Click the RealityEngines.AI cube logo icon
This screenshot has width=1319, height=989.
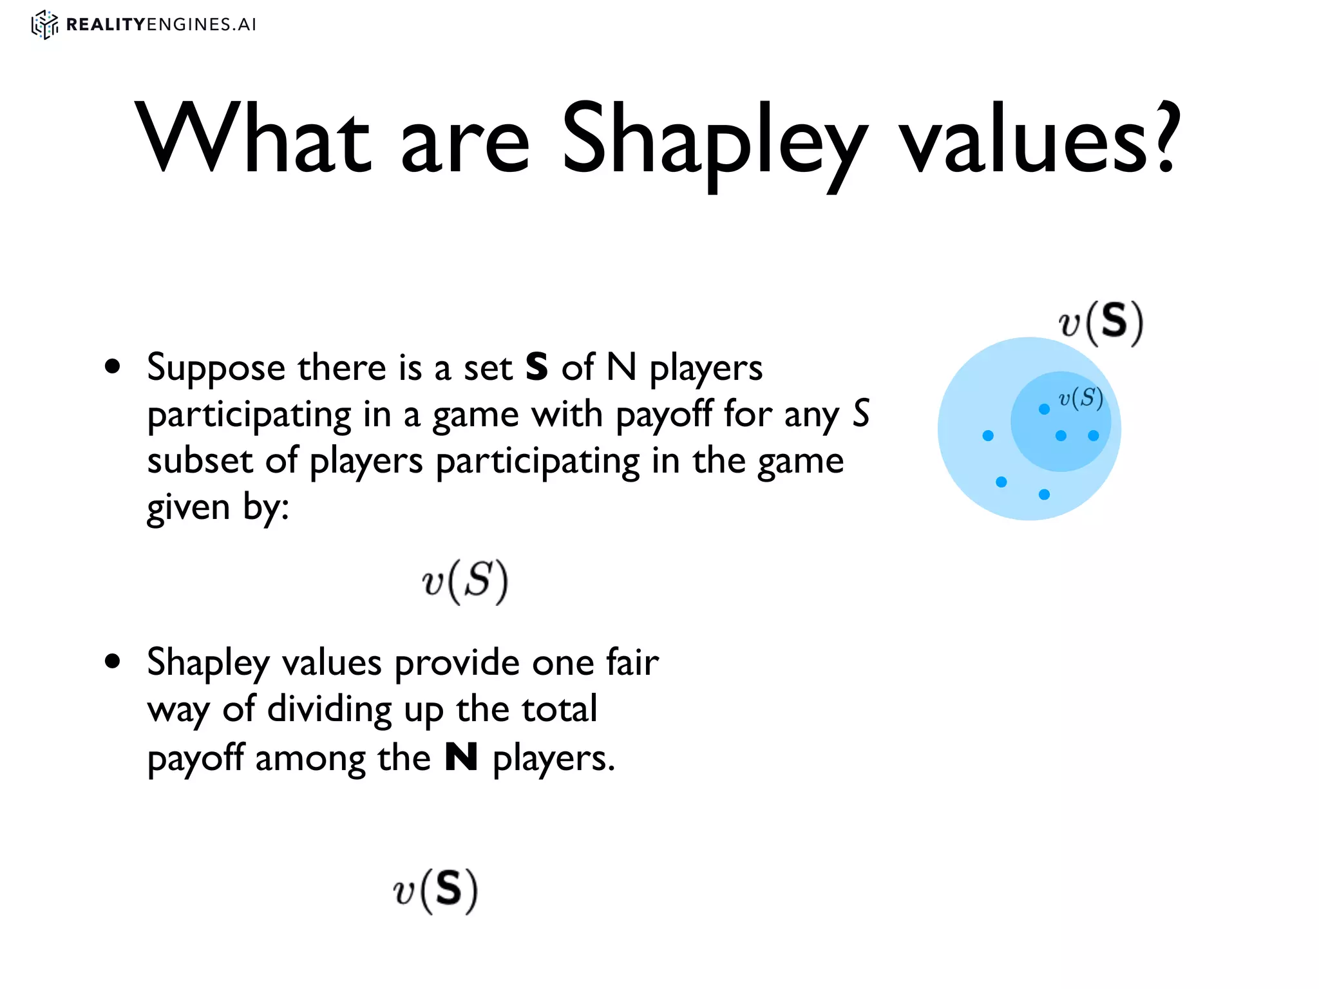(x=44, y=24)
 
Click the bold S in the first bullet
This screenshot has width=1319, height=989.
(x=536, y=367)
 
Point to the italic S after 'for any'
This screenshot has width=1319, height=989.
(x=861, y=413)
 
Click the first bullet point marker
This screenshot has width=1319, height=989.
(x=113, y=367)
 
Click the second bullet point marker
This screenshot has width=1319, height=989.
(x=113, y=662)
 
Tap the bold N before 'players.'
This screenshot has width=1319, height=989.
(x=461, y=757)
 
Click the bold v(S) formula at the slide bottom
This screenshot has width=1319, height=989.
(x=436, y=890)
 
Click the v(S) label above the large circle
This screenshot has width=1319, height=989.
(x=1101, y=323)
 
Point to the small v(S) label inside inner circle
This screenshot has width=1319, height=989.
(x=1081, y=399)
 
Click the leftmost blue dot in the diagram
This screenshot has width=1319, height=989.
(x=988, y=436)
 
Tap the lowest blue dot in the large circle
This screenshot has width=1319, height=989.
(x=1044, y=494)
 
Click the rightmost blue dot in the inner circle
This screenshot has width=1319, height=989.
(x=1094, y=436)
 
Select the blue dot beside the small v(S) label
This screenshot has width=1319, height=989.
(x=1044, y=409)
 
